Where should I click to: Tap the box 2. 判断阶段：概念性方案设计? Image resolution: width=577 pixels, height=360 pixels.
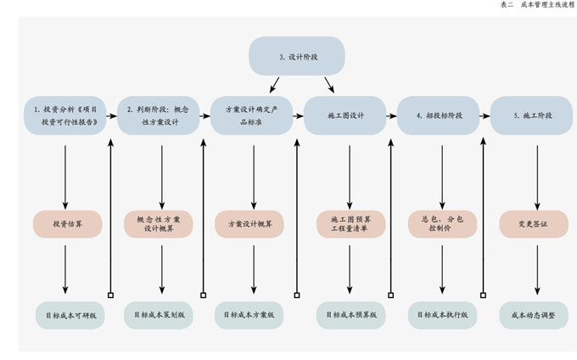point(159,115)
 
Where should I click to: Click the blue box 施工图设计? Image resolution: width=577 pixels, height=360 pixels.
point(345,115)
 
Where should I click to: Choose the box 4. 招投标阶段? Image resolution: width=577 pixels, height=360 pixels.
point(439,115)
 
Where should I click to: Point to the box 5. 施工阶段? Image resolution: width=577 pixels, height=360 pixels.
point(532,115)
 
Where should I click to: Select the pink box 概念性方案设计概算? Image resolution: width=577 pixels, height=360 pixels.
point(159,224)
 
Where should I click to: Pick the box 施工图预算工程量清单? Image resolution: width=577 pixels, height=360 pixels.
point(351,224)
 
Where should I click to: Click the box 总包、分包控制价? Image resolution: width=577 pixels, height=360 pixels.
point(442,224)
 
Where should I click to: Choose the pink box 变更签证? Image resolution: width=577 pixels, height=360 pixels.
point(533,224)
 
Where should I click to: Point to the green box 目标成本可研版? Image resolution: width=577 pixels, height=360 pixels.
point(71,314)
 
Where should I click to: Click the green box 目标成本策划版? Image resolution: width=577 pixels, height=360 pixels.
point(159,314)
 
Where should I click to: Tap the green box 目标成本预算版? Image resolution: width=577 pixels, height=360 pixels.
point(351,314)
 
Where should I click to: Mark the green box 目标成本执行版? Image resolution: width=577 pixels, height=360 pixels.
point(442,314)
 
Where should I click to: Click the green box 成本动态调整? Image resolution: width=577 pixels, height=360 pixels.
point(533,314)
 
